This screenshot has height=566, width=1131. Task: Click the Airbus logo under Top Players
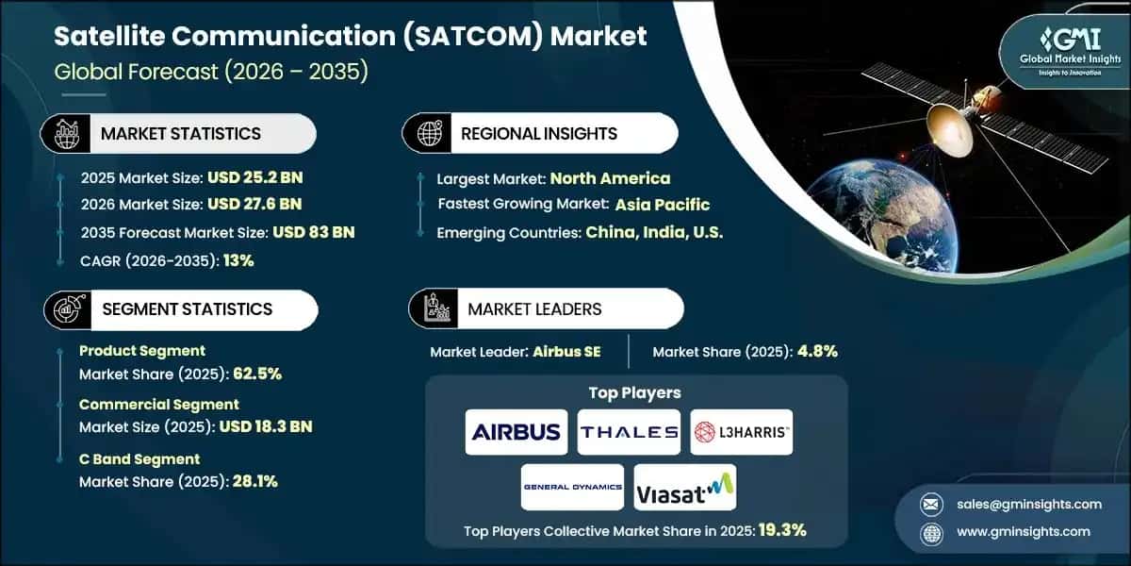click(516, 432)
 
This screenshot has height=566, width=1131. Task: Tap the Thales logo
click(629, 432)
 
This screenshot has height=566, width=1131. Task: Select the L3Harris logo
click(742, 432)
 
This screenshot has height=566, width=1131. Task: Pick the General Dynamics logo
click(572, 487)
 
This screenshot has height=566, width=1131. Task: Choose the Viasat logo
click(685, 487)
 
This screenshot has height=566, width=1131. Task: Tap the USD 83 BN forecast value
click(314, 232)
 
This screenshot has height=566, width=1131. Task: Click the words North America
click(610, 177)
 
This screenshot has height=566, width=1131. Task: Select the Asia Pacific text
click(663, 205)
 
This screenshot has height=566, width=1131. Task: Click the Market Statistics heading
click(180, 134)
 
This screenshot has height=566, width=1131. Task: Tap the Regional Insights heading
click(539, 134)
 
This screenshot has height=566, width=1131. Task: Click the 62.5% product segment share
click(254, 373)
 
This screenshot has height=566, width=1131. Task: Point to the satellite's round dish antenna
click(949, 124)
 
